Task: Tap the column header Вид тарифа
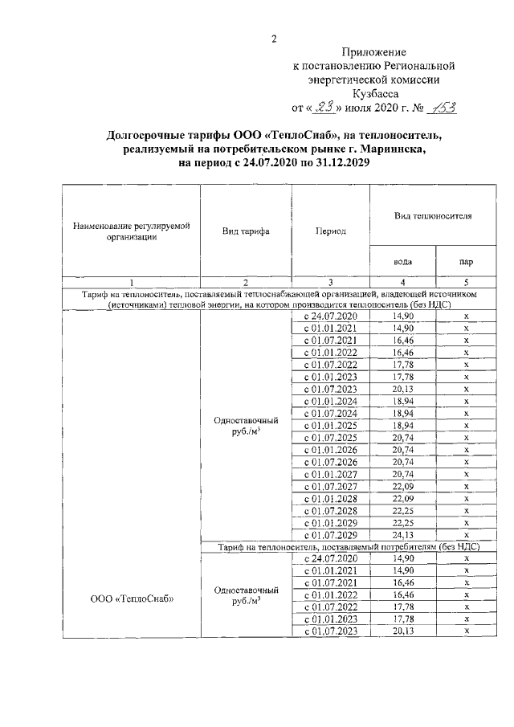[245, 231]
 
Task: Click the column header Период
[330, 231]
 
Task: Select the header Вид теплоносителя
[432, 217]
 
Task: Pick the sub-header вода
[402, 259]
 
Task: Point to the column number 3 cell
[330, 282]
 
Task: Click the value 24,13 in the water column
[402, 534]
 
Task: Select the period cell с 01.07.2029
[330, 534]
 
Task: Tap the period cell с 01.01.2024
[330, 401]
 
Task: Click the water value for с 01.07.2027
[402, 485]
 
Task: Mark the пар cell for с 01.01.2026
[466, 450]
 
